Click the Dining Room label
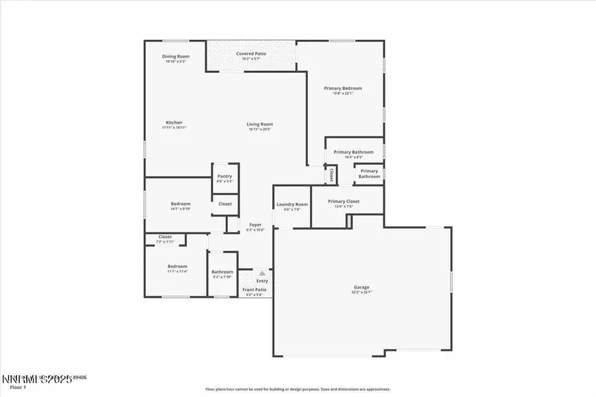(x=175, y=57)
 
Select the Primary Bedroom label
(x=342, y=88)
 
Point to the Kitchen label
(x=174, y=122)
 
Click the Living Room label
(x=260, y=124)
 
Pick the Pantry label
(x=224, y=176)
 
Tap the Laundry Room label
(x=292, y=204)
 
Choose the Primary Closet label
(x=344, y=201)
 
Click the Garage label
(x=361, y=287)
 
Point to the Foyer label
(x=255, y=225)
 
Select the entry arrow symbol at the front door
(x=262, y=273)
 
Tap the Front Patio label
(x=254, y=290)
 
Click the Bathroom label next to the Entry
(x=222, y=272)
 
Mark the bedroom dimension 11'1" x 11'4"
(x=177, y=271)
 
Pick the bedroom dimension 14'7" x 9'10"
(x=180, y=209)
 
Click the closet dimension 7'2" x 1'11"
(x=165, y=242)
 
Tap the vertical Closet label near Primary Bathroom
(x=331, y=175)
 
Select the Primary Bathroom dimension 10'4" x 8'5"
(x=354, y=157)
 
